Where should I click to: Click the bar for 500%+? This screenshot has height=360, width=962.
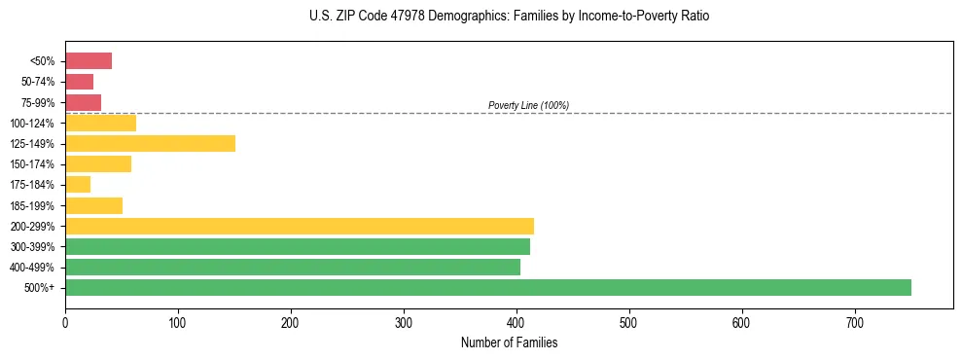pyautogui.click(x=487, y=287)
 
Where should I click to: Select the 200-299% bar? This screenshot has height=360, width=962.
pyautogui.click(x=299, y=226)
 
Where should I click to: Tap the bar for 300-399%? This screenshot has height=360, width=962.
pyautogui.click(x=297, y=246)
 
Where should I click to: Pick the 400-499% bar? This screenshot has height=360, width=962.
pyautogui.click(x=292, y=267)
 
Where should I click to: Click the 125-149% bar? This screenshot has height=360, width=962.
pyautogui.click(x=150, y=144)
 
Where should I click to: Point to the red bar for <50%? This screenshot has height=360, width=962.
pyautogui.click(x=88, y=61)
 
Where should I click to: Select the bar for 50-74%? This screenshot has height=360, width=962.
pyautogui.click(x=79, y=82)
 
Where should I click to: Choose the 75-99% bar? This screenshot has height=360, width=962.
pyautogui.click(x=83, y=102)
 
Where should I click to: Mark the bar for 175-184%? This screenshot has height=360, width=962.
pyautogui.click(x=78, y=185)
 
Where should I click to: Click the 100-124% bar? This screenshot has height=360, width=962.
pyautogui.click(x=100, y=123)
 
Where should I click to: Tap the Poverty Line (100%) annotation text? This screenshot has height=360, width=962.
pyautogui.click(x=528, y=105)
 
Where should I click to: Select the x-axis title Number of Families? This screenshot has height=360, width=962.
pyautogui.click(x=509, y=342)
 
